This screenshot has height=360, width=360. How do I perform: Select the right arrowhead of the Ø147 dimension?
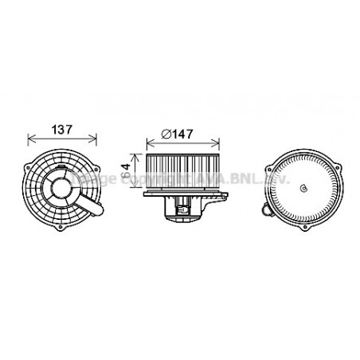coord(221,143)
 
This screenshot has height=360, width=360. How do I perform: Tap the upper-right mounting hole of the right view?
coord(338,163)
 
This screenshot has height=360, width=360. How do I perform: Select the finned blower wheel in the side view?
coord(183,172)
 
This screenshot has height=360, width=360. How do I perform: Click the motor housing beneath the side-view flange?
coord(183,209)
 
